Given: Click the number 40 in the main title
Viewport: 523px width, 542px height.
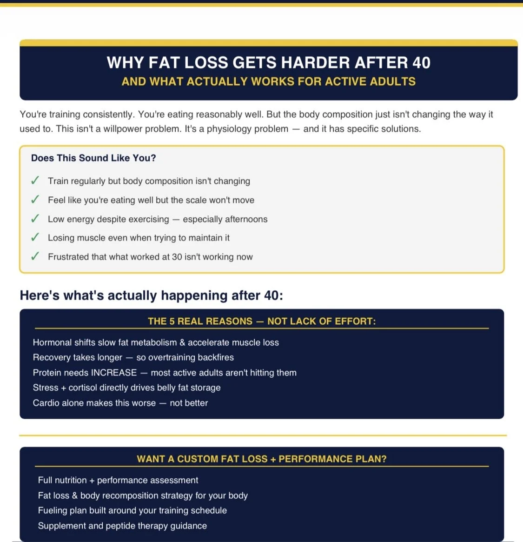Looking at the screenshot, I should tap(421, 63).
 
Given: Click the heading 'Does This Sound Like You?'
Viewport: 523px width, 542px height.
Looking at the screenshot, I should tap(93, 158).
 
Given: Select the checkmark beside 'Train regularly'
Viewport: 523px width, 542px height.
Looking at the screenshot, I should tap(35, 181).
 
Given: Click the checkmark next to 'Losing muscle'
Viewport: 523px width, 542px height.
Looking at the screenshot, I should tap(35, 237).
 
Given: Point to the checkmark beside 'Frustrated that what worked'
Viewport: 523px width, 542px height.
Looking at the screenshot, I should tap(35, 256).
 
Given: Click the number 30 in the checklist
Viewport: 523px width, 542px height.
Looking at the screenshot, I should tap(177, 257).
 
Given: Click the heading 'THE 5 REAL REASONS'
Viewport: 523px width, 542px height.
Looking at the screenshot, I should tap(262, 321).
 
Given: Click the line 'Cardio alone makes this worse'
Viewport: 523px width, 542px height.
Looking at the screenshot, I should tap(120, 403).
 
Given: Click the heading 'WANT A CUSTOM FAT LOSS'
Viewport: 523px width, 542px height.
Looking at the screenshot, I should tap(262, 459).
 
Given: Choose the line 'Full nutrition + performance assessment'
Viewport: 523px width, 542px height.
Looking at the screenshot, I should tap(118, 480).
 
